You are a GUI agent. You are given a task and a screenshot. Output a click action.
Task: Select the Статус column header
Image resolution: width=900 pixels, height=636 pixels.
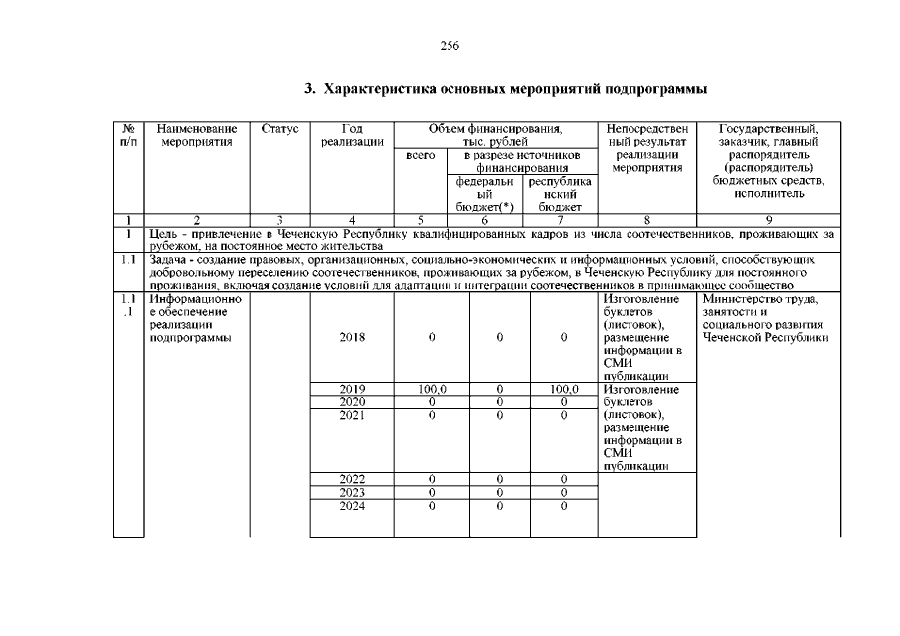click(x=279, y=129)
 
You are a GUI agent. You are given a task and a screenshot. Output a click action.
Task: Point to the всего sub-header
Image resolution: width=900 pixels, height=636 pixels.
click(x=422, y=156)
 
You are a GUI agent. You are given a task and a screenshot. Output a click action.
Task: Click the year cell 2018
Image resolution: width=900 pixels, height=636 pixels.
click(x=352, y=338)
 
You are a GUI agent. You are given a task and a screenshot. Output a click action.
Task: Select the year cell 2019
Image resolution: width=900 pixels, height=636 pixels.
click(x=352, y=389)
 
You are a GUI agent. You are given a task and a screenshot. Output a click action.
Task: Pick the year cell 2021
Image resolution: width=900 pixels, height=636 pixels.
click(x=352, y=414)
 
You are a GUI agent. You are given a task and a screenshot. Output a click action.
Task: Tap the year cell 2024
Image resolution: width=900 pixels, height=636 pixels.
click(x=352, y=505)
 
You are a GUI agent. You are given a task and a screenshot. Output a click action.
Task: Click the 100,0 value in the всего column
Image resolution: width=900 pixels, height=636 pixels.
click(x=431, y=389)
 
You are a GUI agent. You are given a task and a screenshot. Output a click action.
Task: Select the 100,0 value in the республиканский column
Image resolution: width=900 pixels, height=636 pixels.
click(x=562, y=389)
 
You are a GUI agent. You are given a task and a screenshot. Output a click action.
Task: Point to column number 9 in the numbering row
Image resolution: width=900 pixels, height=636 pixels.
click(x=769, y=220)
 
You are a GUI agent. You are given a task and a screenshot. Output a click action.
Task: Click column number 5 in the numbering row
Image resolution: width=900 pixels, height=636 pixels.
click(x=421, y=220)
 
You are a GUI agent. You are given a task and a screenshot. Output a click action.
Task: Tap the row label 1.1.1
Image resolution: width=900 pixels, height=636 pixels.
click(x=128, y=305)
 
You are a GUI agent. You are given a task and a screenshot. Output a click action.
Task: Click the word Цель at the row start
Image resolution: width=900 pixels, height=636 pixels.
click(x=164, y=233)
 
